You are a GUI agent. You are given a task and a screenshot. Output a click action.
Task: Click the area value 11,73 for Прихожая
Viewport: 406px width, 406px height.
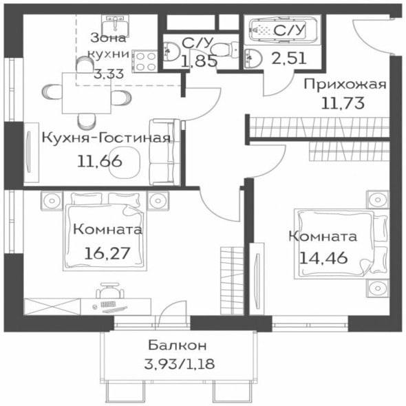tap(343, 103)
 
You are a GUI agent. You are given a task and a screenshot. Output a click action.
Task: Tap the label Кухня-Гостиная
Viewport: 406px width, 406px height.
tap(106, 138)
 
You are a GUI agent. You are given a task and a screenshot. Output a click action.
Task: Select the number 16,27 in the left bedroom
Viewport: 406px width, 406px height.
tap(107, 253)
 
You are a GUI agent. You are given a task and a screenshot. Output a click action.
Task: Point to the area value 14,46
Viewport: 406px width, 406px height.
tap(323, 257)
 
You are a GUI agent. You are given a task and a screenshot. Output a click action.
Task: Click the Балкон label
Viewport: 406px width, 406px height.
tap(178, 345)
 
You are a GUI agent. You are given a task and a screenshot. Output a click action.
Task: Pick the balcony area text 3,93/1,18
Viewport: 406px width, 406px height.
tap(180, 364)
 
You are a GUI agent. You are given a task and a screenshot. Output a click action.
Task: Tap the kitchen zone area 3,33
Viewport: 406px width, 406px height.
tap(109, 74)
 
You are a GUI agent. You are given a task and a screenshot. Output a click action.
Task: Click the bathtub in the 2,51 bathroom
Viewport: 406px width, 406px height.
tap(283, 30)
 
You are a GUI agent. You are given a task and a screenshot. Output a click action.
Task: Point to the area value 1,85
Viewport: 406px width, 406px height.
tap(198, 61)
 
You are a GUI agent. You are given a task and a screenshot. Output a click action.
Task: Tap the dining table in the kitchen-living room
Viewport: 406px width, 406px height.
tap(87, 93)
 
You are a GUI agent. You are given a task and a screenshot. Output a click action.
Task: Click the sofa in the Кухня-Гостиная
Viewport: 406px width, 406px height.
tap(165, 152)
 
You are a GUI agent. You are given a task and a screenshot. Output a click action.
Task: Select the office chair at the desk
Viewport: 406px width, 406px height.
tap(110, 290)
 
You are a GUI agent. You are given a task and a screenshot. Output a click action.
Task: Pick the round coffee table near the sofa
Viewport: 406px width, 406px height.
tap(125, 162)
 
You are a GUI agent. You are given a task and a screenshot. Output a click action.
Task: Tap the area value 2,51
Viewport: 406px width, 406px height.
tap(289, 58)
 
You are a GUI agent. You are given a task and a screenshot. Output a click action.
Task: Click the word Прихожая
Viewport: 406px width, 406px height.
tap(345, 84)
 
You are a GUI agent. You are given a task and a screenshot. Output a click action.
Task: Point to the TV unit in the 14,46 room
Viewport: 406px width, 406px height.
tap(257, 279)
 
